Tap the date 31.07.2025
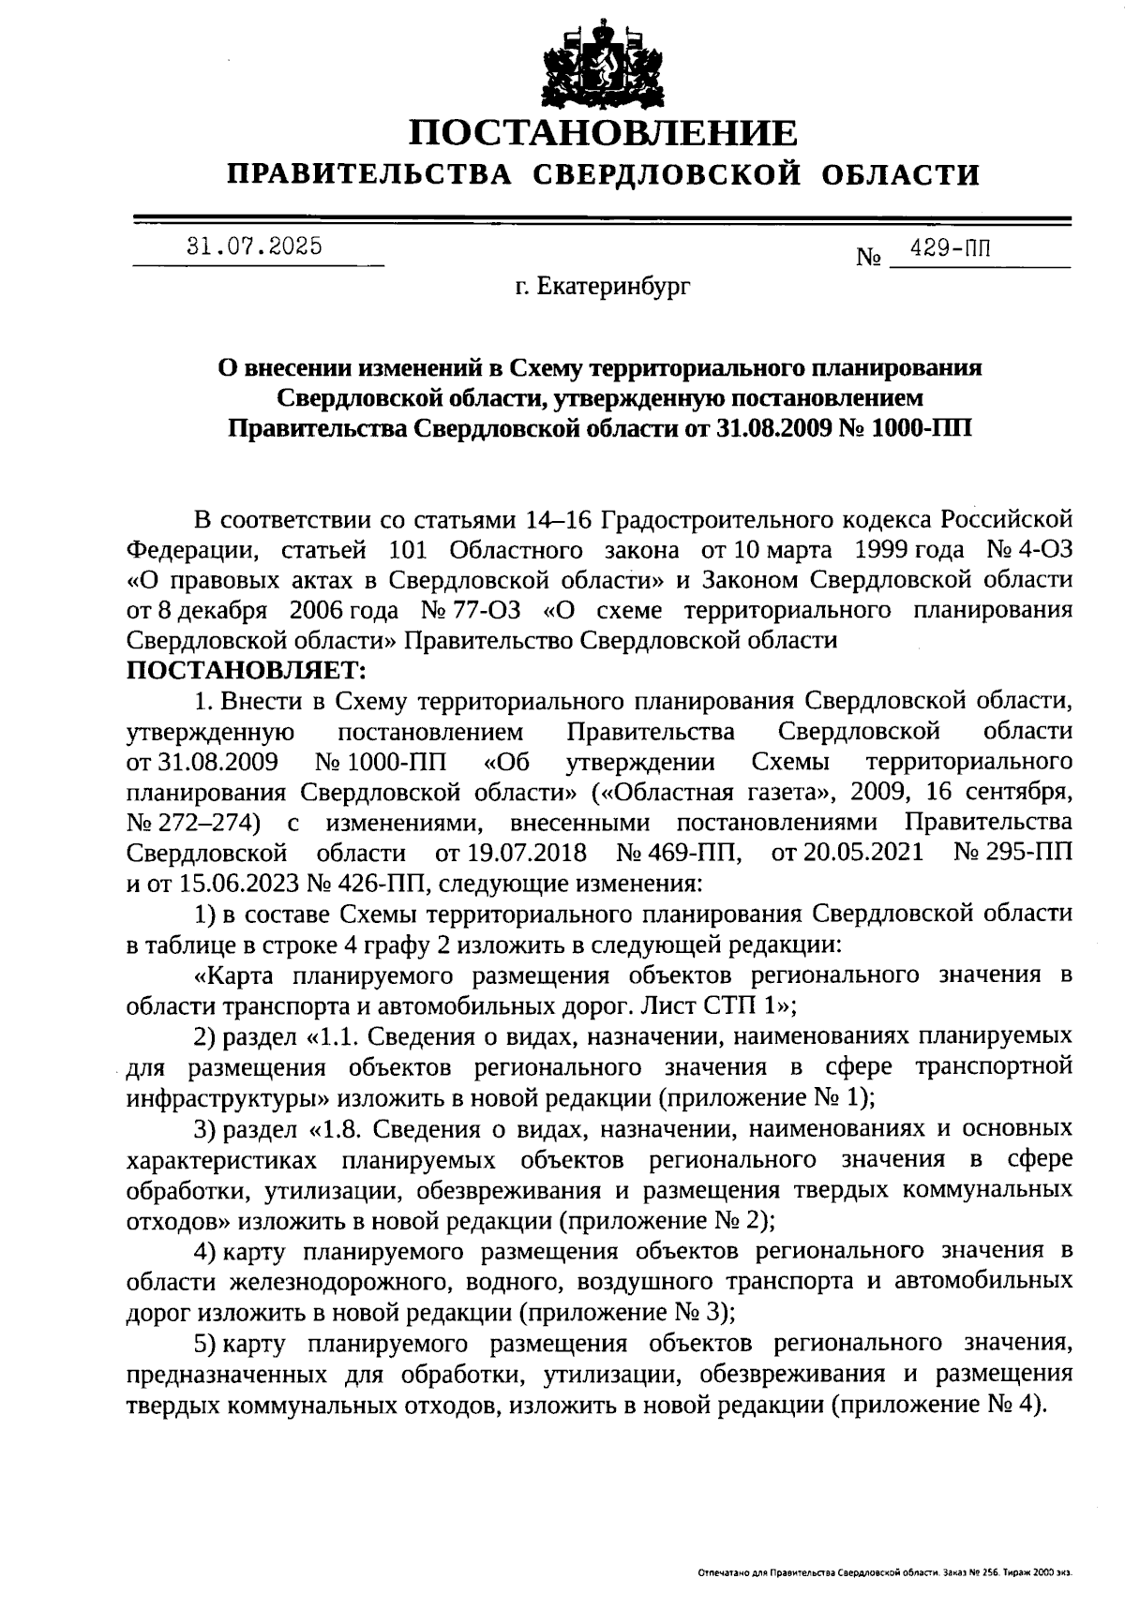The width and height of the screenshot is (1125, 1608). (x=255, y=247)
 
